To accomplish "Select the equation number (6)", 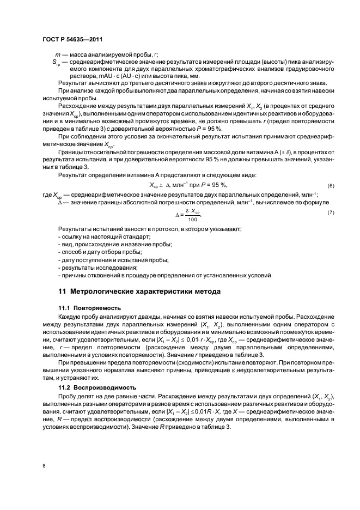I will pos(330,185).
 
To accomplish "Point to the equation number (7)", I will pos(330,211).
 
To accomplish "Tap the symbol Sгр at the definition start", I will pos(57,63).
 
